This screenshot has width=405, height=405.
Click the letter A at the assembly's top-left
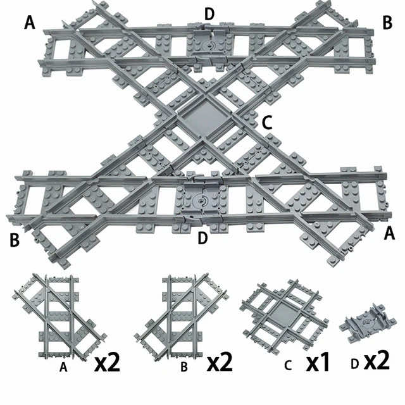[x=29, y=23]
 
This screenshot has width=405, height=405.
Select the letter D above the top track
[x=209, y=13]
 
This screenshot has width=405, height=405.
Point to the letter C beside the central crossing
[x=267, y=123]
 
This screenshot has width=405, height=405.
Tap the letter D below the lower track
[x=202, y=238]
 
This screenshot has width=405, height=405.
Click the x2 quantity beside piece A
[x=107, y=363]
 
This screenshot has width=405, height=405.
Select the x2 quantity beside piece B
[x=220, y=363]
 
